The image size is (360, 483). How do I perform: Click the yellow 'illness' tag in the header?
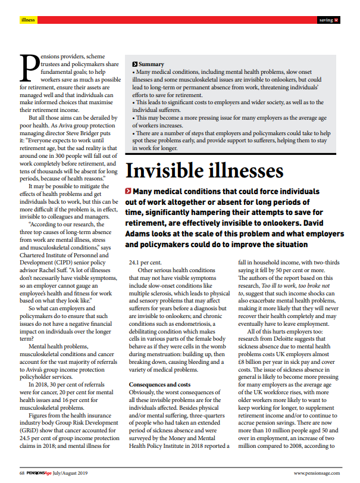[x=28, y=20]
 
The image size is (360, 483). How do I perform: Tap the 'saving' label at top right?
[x=325, y=20]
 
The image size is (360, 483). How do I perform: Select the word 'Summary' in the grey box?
[x=151, y=63]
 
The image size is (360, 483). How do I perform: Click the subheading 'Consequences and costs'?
[x=160, y=385]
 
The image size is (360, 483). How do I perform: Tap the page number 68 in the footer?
[x=21, y=473]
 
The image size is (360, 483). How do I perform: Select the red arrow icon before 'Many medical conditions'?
[x=129, y=192]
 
